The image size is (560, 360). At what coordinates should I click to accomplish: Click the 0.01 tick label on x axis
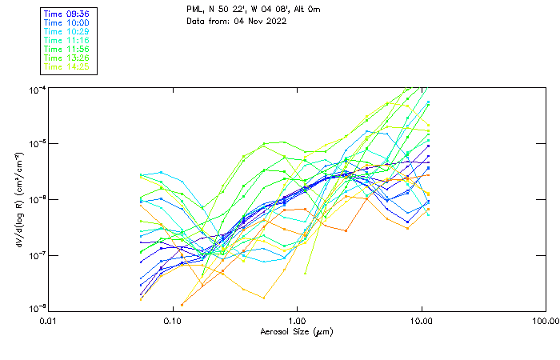pos(48,321)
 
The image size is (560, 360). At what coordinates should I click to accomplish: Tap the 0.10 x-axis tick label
pos(172,321)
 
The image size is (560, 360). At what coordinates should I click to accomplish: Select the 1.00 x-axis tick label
pos(297,321)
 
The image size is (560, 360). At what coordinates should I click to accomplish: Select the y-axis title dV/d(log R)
pos(18,199)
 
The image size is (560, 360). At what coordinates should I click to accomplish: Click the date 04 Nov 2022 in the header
pos(260,21)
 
